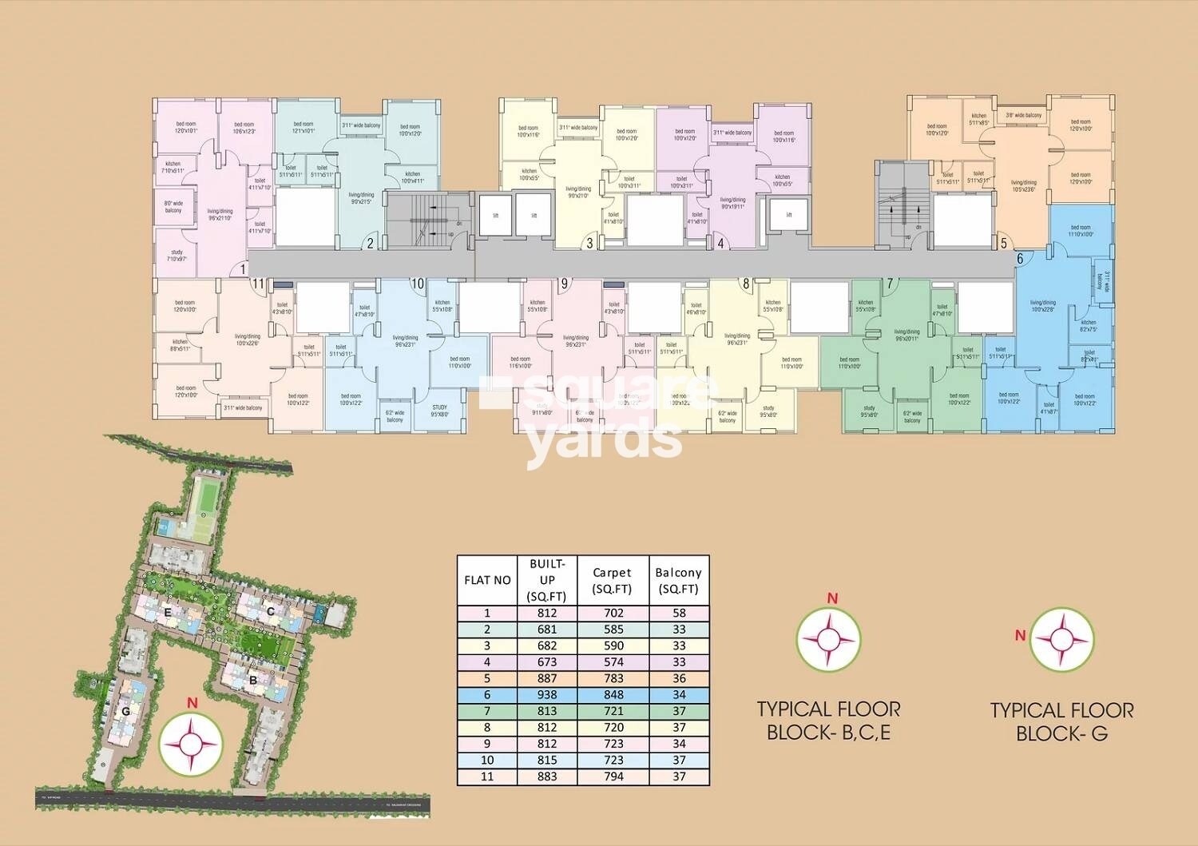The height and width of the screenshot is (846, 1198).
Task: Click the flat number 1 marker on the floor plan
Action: (x=244, y=270)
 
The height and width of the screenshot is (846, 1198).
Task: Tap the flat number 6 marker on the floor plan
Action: (x=1019, y=259)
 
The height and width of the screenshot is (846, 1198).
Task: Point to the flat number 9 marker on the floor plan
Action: (x=565, y=283)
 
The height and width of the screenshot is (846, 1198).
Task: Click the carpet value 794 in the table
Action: (x=613, y=776)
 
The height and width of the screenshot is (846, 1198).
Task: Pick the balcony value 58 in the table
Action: (x=678, y=614)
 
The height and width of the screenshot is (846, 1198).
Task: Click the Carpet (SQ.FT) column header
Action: (x=612, y=581)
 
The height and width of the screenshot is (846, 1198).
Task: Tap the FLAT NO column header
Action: (x=487, y=580)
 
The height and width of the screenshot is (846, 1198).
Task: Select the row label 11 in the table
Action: (x=487, y=776)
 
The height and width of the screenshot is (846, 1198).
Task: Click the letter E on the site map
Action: (x=168, y=612)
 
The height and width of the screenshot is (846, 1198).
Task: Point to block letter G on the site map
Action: (x=125, y=711)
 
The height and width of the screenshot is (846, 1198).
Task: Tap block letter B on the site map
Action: (x=252, y=681)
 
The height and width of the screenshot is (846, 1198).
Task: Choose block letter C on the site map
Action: (x=271, y=612)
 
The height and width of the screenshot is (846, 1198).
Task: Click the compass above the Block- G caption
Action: (x=1061, y=639)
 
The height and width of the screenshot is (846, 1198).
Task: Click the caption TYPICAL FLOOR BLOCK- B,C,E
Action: (x=828, y=721)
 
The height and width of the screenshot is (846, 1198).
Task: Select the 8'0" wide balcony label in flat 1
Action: (x=173, y=207)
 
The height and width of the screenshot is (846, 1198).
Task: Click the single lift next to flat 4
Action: (x=788, y=215)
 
